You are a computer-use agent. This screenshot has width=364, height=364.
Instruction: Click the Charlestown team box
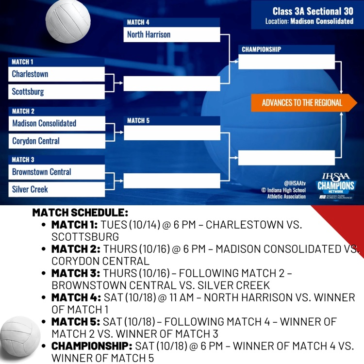[56, 74]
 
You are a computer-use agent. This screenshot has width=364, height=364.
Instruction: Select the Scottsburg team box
[56, 92]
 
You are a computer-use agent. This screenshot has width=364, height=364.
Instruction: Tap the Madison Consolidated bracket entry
[56, 123]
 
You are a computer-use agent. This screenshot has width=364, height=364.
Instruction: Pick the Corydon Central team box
[56, 141]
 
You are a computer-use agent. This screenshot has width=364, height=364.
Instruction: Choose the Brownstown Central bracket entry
[56, 172]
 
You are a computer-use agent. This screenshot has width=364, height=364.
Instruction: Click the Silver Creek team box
[56, 189]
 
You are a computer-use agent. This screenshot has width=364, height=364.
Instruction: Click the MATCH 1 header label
[23, 62]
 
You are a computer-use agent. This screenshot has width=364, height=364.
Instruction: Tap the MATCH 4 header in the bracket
[138, 22]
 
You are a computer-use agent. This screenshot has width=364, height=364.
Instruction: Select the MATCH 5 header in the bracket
[138, 120]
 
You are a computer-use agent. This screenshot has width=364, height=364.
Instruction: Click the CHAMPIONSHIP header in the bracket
[261, 50]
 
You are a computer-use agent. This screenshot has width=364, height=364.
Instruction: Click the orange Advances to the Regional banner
[302, 103]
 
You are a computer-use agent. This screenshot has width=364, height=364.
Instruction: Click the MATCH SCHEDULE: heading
[80, 213]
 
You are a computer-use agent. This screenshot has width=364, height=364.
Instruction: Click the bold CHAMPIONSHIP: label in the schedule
[91, 347]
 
